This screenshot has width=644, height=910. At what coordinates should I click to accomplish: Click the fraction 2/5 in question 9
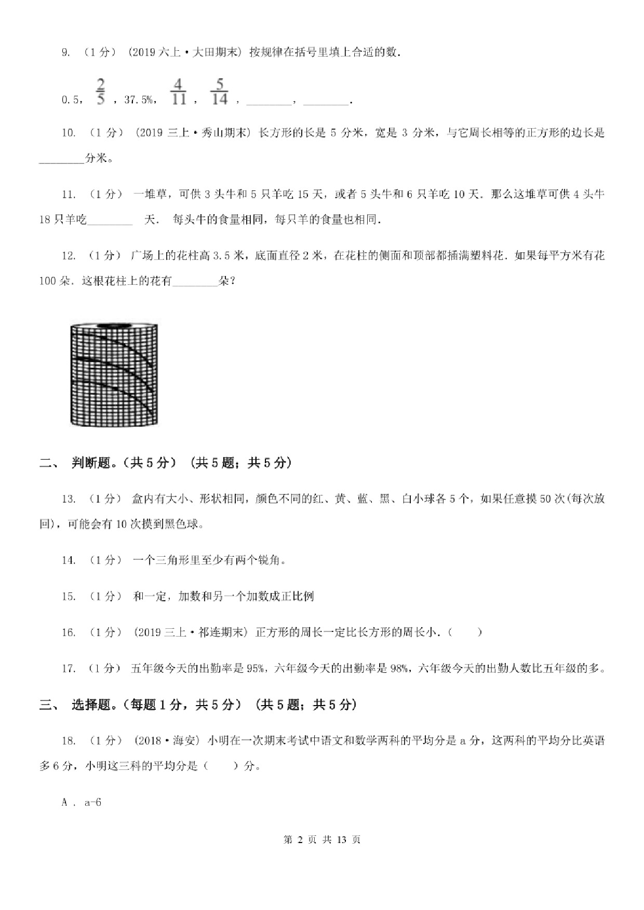pyautogui.click(x=101, y=92)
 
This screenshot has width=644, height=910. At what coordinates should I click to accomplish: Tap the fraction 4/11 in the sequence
pyautogui.click(x=178, y=92)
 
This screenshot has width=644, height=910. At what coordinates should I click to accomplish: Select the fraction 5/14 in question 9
pyautogui.click(x=220, y=92)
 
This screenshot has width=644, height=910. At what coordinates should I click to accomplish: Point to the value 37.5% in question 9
pyautogui.click(x=139, y=100)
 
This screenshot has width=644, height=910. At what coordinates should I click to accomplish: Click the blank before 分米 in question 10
pyautogui.click(x=61, y=159)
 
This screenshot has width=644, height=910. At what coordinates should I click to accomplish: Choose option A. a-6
pyautogui.click(x=82, y=802)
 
